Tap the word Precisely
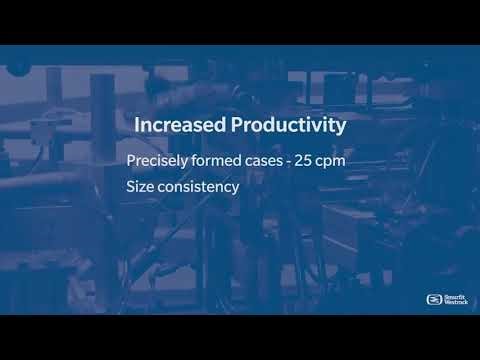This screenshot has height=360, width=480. [155, 161]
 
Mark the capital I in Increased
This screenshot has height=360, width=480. [136, 127]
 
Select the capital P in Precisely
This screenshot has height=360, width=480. [131, 161]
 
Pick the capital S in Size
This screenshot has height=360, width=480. [130, 186]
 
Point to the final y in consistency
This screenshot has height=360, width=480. [235, 189]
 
